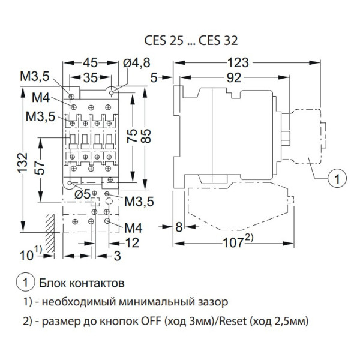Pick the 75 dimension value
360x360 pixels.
133,137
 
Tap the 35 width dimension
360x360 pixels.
90,78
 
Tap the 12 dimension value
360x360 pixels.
133,242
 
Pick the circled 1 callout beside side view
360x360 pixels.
337,177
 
